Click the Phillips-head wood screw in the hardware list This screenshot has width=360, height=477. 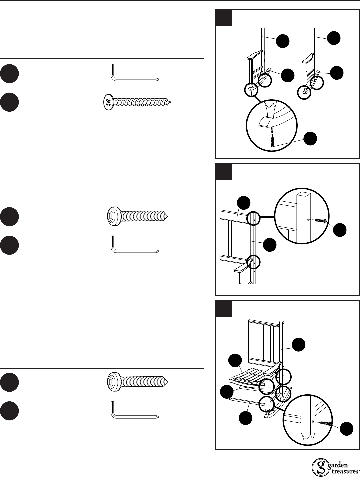tap(137, 102)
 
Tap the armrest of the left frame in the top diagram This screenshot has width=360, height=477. tap(255, 55)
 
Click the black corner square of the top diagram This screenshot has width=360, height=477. tap(224, 18)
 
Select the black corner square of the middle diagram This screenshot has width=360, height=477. tap(224, 172)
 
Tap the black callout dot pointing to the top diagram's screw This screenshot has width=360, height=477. tap(310, 139)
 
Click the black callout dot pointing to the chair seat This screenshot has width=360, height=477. tap(235, 360)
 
